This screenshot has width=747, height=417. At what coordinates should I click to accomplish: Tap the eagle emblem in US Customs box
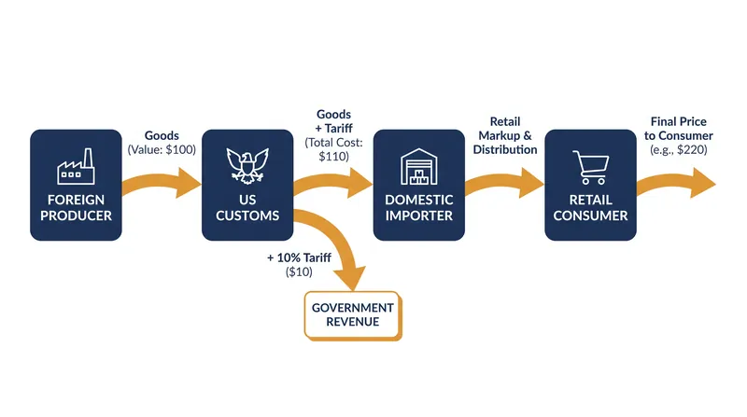tap(247, 166)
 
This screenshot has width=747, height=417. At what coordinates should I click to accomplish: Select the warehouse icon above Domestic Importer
tap(418, 167)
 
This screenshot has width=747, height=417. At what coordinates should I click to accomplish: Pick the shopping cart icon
tap(591, 167)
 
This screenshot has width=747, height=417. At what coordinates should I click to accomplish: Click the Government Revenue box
tap(353, 315)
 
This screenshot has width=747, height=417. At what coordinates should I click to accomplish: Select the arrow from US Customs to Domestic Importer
tap(332, 183)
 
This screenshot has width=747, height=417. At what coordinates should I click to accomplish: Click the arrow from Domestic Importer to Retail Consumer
tap(504, 183)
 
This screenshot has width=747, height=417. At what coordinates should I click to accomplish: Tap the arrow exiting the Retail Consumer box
tap(676, 183)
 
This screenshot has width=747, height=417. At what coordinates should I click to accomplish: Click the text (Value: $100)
tap(162, 149)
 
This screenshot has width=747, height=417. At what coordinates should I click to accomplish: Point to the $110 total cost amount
tap(333, 156)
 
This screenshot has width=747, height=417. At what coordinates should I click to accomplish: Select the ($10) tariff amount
tap(299, 271)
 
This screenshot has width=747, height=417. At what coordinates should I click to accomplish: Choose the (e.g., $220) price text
tap(679, 149)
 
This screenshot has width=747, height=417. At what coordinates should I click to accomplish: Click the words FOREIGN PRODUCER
tap(76, 207)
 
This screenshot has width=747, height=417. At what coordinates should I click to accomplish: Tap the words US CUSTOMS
tap(247, 207)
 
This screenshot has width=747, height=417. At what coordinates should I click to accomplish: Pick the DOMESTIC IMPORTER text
tap(418, 207)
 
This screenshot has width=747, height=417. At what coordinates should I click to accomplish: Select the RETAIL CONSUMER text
tap(590, 207)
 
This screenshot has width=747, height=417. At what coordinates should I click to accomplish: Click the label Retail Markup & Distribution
tap(505, 135)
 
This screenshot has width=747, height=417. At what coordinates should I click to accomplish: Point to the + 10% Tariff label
tap(299, 257)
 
